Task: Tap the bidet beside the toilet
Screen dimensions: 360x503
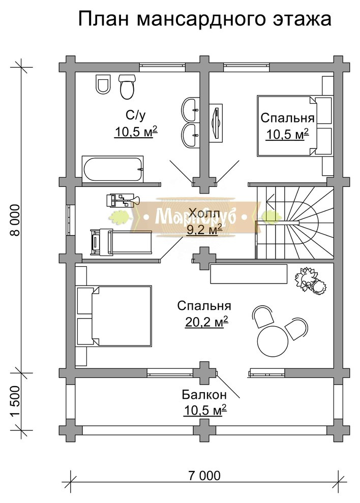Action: pos(103,84)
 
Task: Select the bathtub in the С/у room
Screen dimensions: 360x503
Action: pos(113,169)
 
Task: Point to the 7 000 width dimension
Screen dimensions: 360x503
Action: pos(204,475)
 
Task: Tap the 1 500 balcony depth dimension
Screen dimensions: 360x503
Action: pos(15,401)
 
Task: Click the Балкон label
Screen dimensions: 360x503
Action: pos(204,394)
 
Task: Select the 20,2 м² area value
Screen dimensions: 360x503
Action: pos(206,322)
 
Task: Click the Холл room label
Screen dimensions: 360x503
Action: pos(204,212)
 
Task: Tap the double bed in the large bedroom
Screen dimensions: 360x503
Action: pos(114,316)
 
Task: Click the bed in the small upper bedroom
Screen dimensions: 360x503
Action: pos(294,126)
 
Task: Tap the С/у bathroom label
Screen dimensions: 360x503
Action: pos(135,115)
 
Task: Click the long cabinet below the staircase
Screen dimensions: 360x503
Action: pos(249,274)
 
